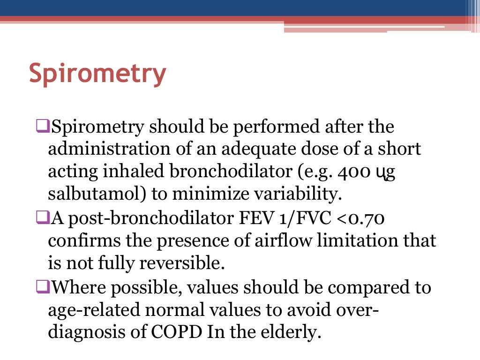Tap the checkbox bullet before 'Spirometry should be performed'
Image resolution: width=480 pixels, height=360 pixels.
[42, 126]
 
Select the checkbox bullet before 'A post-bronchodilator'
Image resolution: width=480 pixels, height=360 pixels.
[42, 218]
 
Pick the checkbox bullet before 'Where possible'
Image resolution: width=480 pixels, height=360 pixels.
[42, 287]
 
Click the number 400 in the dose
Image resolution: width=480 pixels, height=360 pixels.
[346, 172]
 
